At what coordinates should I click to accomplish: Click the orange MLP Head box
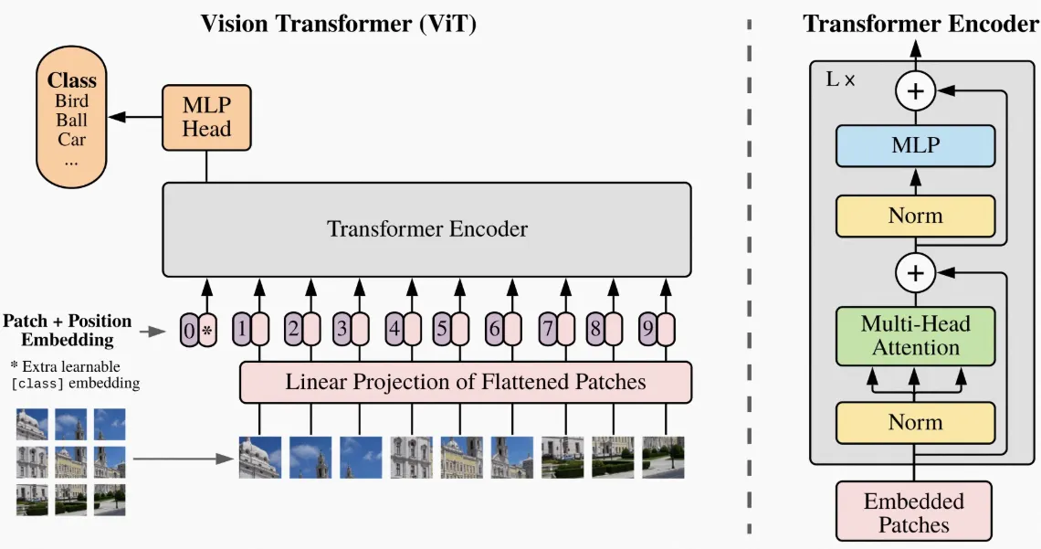206,118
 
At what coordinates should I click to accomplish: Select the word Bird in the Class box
71,100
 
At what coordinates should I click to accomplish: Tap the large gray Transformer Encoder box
427,228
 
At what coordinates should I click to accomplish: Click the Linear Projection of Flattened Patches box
465,382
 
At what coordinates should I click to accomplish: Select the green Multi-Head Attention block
915,335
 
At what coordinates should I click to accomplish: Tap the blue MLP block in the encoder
915,145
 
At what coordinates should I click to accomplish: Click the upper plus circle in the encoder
915,91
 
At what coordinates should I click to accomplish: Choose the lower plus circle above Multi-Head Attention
915,272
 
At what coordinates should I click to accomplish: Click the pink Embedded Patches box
913,512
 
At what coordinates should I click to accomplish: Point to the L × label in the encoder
840,79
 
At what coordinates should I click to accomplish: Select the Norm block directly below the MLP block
915,216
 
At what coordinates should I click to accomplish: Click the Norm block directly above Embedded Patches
915,422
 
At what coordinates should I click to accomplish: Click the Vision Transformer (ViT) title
338,25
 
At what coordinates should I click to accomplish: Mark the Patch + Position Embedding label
68,331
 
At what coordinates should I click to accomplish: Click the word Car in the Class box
71,140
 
